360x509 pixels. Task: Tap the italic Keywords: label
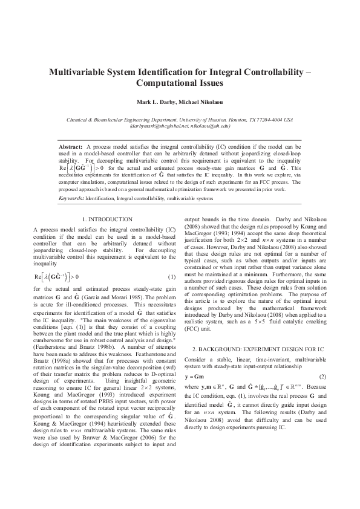[71, 181]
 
